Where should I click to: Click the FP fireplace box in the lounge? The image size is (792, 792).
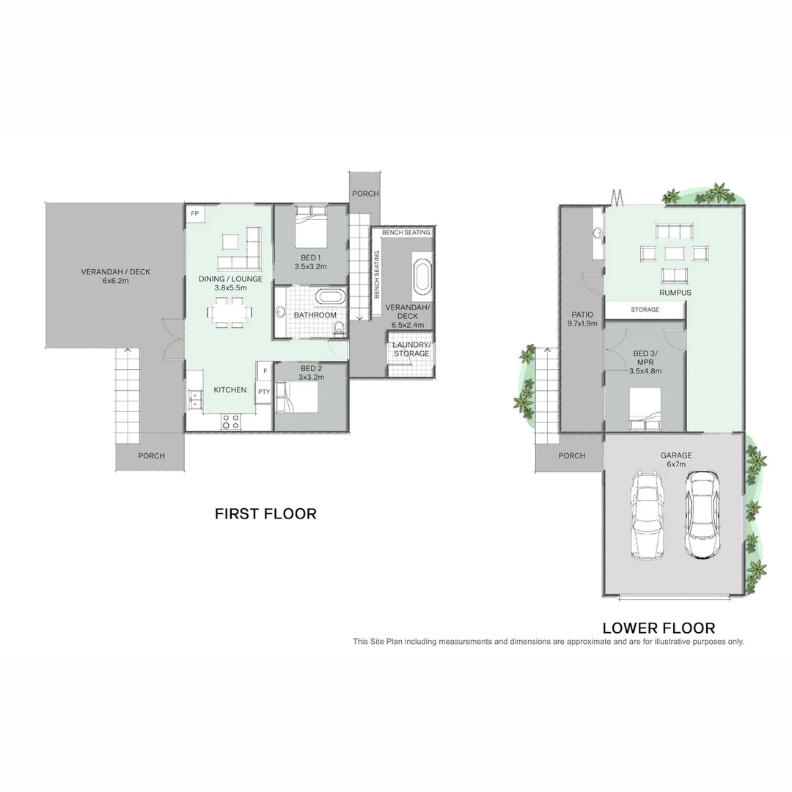195,213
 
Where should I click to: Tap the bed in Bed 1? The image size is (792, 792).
310,227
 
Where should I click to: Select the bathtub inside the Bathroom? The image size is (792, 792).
330,298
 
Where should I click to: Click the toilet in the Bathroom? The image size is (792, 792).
338,329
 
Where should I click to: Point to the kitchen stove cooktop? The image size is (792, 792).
231,421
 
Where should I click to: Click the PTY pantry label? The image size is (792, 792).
264,392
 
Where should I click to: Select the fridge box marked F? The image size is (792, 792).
264,371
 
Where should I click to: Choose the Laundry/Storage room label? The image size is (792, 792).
411,349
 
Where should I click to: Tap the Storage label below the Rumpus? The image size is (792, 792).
645,310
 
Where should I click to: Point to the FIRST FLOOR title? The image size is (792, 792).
265,514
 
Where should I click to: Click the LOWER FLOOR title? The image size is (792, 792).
658,628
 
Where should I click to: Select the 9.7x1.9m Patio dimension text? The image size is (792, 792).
582,323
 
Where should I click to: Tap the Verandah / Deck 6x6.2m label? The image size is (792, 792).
115,276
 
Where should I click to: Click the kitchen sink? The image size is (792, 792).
195,399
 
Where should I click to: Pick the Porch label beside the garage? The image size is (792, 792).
571,456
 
